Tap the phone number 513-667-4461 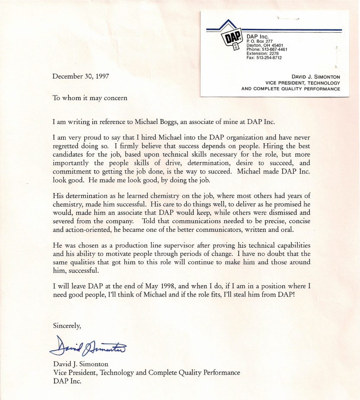pyautogui.click(x=272, y=50)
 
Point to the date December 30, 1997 pyautogui.click(x=81, y=76)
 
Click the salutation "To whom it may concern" pyautogui.click(x=90, y=98)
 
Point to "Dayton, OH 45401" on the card pyautogui.click(x=265, y=45)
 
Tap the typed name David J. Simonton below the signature pyautogui.click(x=81, y=364)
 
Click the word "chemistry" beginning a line pyautogui.click(x=66, y=205)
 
